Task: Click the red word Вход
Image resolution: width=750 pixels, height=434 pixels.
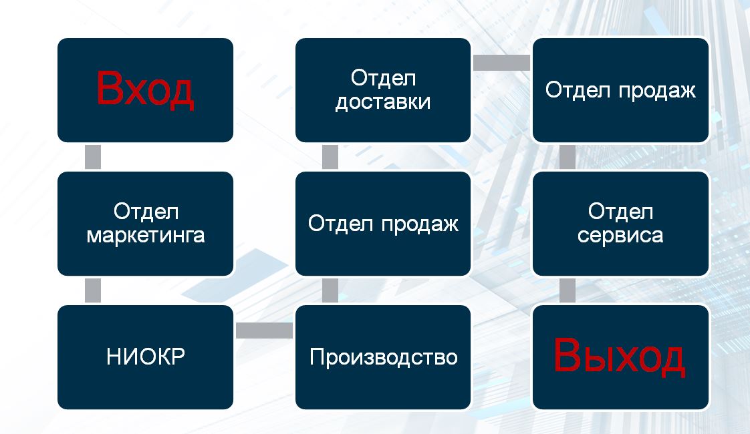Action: click(x=145, y=89)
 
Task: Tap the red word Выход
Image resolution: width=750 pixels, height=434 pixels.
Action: click(x=620, y=356)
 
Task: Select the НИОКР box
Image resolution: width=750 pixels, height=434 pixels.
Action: click(x=146, y=357)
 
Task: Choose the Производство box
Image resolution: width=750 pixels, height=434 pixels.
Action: click(x=383, y=357)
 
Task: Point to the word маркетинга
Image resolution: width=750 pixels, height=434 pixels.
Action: click(x=146, y=236)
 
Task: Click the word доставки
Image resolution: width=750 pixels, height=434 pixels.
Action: click(x=383, y=102)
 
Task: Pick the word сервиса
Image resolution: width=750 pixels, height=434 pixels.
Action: click(x=620, y=236)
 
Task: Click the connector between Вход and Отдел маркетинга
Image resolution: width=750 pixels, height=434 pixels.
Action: click(x=93, y=157)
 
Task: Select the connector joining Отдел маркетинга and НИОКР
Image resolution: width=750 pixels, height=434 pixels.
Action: click(x=93, y=290)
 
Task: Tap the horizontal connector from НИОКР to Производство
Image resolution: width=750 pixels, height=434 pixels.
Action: click(x=265, y=331)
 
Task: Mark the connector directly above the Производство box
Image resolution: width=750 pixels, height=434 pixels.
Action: click(x=330, y=290)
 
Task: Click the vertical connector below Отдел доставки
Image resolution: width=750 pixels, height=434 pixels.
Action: click(x=330, y=157)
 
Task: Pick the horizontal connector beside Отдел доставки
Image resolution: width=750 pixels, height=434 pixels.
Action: click(x=502, y=63)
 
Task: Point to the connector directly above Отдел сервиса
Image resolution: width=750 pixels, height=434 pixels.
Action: click(x=568, y=157)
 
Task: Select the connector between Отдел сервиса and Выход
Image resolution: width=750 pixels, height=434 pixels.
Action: click(x=568, y=290)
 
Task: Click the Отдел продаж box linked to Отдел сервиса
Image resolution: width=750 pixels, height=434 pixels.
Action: click(x=620, y=90)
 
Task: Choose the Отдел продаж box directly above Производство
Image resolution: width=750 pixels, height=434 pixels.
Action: click(x=383, y=224)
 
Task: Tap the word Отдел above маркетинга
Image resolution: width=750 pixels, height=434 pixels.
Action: click(x=146, y=212)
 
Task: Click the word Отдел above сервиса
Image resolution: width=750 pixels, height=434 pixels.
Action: click(x=620, y=212)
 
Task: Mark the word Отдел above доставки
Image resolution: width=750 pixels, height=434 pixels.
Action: click(x=383, y=78)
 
